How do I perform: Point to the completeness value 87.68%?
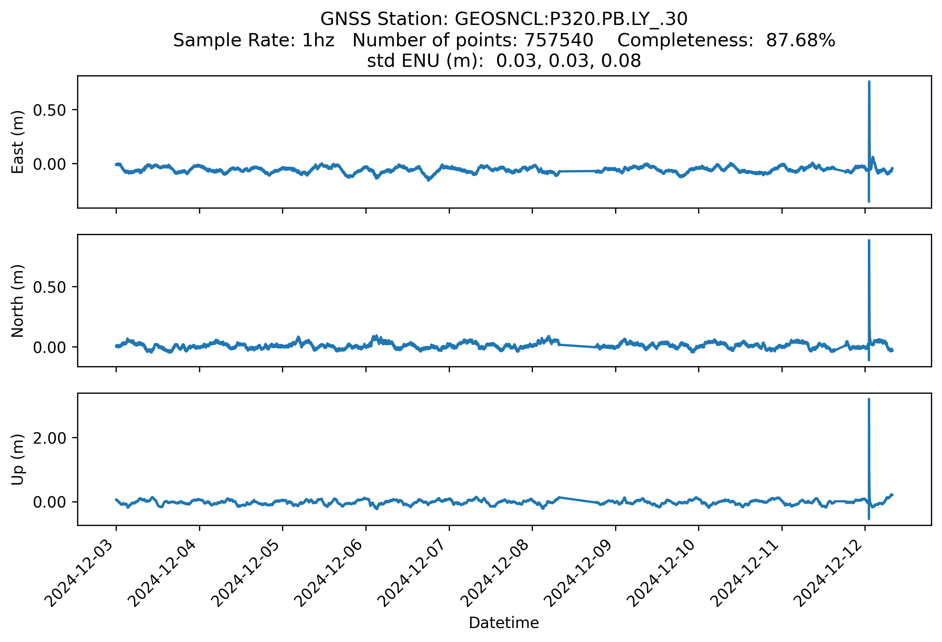click(x=800, y=40)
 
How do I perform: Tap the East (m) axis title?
click(x=17, y=142)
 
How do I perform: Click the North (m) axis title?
click(x=17, y=301)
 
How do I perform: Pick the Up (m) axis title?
click(x=17, y=459)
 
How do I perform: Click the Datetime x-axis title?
click(x=504, y=623)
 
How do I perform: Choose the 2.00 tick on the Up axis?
click(x=50, y=438)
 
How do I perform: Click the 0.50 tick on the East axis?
click(x=50, y=110)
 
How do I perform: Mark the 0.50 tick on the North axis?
click(x=50, y=287)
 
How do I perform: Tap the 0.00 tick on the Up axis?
click(x=50, y=502)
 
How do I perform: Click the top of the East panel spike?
click(x=869, y=82)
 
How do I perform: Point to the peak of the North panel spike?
click(x=869, y=241)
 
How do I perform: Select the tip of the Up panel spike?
click(x=869, y=399)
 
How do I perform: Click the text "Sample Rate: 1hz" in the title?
click(x=254, y=40)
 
